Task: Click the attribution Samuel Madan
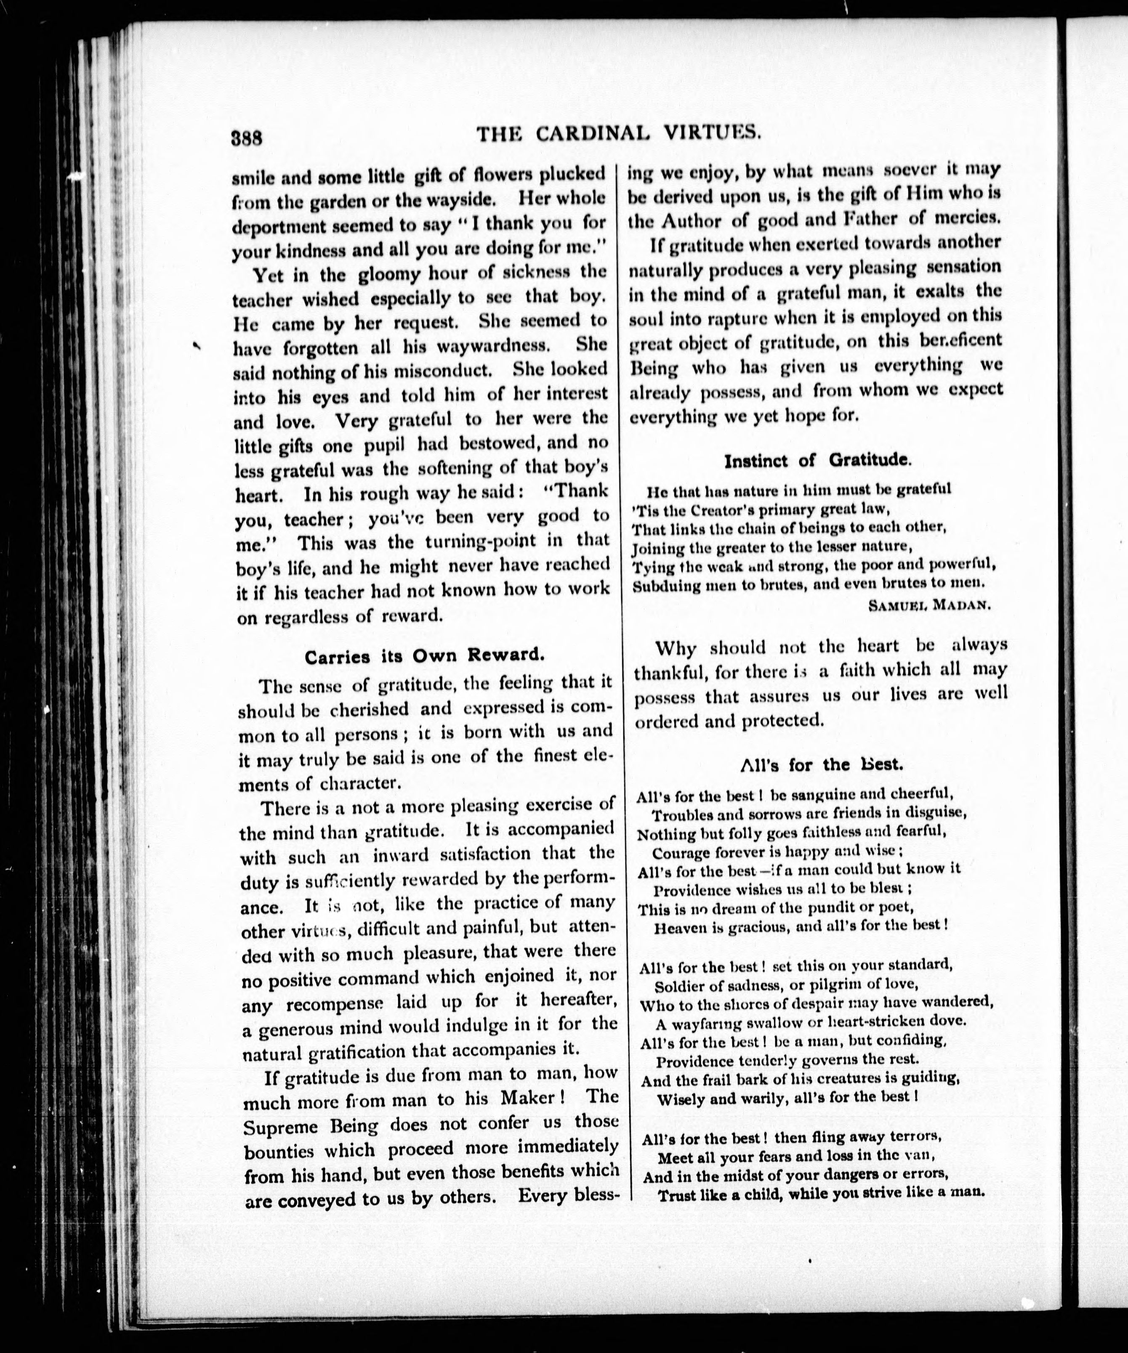pyautogui.click(x=928, y=606)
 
